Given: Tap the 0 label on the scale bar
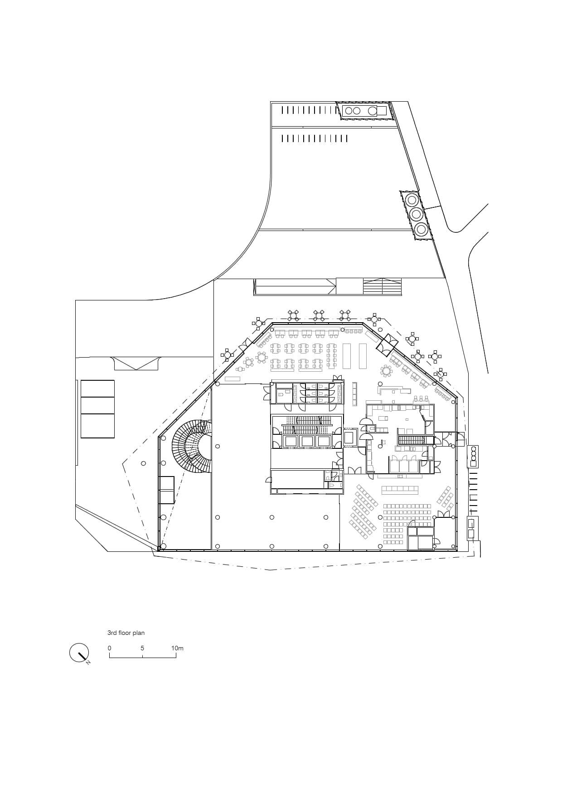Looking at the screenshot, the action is (x=109, y=648).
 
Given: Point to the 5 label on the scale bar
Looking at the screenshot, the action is (x=142, y=648).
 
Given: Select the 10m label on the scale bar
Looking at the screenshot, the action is (x=177, y=648).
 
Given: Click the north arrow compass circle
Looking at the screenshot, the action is (x=78, y=653).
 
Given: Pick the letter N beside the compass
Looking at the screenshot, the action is (x=88, y=663).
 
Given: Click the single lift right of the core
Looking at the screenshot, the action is (x=350, y=437).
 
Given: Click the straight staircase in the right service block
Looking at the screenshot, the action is (x=412, y=439).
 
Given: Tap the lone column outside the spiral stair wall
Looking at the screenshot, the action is (x=143, y=463).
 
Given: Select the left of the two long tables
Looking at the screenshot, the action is (x=347, y=356).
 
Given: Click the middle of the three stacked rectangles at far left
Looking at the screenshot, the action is (x=97, y=405).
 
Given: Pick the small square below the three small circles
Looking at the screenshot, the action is (x=473, y=463).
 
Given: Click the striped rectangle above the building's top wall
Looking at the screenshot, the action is (x=382, y=287).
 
